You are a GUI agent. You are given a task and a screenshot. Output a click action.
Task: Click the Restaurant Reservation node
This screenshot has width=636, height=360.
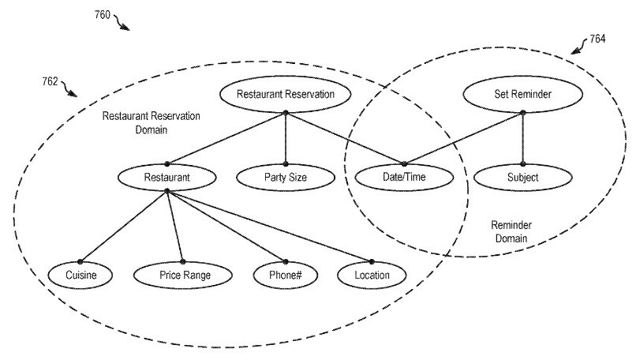tap(285, 94)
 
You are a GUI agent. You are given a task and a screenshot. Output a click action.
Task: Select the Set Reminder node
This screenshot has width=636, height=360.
tap(522, 94)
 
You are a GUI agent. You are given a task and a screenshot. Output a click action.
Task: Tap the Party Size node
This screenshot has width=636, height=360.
tap(286, 178)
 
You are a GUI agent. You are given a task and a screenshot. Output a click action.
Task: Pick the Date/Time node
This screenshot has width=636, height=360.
tap(404, 177)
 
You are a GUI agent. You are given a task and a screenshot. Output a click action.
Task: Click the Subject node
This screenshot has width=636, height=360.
tap(523, 178)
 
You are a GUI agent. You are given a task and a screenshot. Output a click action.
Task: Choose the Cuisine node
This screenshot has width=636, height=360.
tap(80, 276)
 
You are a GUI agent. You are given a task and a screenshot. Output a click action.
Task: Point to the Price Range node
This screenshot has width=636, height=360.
tap(183, 276)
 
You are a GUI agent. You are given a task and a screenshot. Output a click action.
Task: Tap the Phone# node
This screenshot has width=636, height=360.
tap(286, 276)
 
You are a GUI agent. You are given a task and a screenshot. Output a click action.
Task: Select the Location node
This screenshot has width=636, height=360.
tap(372, 276)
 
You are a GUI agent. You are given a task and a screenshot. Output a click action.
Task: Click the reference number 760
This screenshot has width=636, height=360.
tap(103, 15)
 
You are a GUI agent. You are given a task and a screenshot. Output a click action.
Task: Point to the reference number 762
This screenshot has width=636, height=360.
tap(50, 81)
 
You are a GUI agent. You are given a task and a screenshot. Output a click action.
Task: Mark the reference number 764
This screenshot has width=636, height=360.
tap(597, 39)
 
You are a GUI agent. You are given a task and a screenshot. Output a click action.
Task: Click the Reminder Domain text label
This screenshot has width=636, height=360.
tap(511, 231)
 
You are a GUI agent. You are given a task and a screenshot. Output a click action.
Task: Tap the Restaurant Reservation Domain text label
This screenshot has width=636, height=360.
tap(151, 122)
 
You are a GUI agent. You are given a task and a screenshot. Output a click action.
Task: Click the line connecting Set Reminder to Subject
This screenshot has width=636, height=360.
tap(523, 138)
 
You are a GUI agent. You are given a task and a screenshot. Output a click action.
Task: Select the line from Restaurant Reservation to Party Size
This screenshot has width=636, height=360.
tap(286, 138)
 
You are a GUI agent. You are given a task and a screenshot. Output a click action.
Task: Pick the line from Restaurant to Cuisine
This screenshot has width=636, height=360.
tap(124, 226)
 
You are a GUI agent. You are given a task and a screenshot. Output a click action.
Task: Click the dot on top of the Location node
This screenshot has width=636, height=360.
tap(372, 262)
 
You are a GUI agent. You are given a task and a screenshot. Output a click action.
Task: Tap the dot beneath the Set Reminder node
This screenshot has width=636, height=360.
tap(523, 113)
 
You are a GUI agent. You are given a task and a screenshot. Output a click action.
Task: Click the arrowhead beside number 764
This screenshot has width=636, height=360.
tap(575, 51)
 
